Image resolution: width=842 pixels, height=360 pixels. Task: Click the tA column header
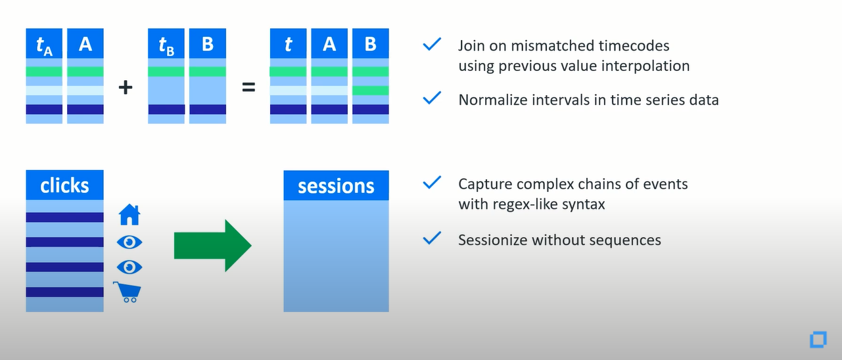[44, 43]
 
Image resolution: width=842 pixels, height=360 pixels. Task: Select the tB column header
[166, 43]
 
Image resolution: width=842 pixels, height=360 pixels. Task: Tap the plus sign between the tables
[126, 87]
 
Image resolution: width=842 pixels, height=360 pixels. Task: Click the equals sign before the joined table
[248, 87]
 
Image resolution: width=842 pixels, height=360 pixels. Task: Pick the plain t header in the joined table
[289, 43]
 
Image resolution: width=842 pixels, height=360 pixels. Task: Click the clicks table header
[64, 185]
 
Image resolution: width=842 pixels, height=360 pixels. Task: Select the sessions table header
[336, 185]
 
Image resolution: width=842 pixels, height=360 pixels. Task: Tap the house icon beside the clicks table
[129, 215]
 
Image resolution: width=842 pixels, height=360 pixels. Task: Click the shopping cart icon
[128, 292]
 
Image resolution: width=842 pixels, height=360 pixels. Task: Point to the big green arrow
[213, 246]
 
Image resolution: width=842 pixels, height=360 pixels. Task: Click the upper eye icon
[129, 242]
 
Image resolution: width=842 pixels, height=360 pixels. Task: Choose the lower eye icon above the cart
[129, 267]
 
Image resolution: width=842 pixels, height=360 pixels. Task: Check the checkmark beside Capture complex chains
[432, 183]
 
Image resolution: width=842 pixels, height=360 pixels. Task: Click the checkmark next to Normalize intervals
[432, 98]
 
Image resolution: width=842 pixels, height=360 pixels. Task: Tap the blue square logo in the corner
[818, 340]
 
